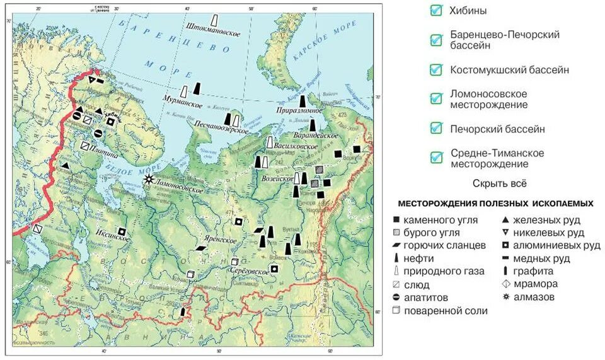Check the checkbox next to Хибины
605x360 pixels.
[435, 10]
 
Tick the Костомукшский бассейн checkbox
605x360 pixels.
[435, 69]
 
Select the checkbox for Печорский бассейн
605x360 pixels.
[435, 129]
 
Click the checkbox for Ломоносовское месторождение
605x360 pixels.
[435, 99]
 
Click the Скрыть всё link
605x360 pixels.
[499, 183]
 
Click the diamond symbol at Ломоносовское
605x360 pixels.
[149, 179]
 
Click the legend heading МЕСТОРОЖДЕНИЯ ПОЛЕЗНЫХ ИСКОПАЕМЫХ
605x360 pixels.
[495, 204]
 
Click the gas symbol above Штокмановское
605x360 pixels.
[216, 20]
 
